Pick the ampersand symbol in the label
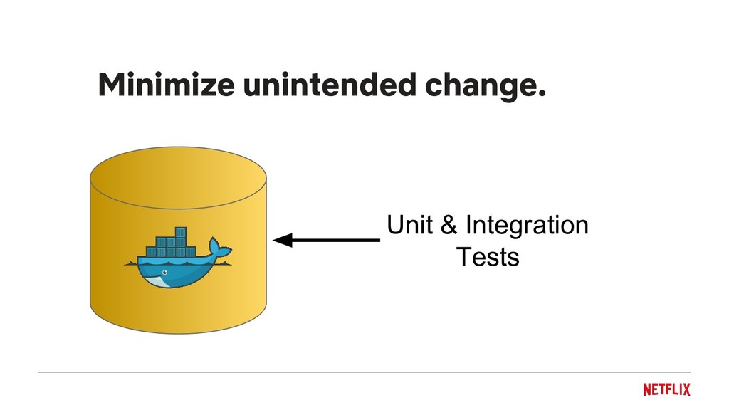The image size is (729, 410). pyautogui.click(x=449, y=226)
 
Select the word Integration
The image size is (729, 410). pyautogui.click(x=526, y=226)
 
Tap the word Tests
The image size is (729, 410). pyautogui.click(x=488, y=256)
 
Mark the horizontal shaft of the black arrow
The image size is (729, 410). pyautogui.click(x=335, y=241)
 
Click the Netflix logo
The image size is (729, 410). pyautogui.click(x=666, y=389)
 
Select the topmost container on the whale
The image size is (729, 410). pyautogui.click(x=181, y=232)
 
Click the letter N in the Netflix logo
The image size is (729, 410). pyautogui.click(x=647, y=389)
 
